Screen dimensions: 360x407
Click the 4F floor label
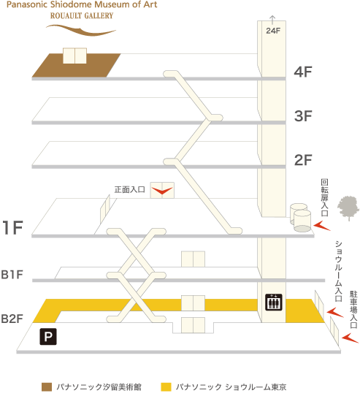click(x=303, y=72)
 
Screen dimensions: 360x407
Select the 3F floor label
click(x=303, y=115)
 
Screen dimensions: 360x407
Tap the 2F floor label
click(x=303, y=160)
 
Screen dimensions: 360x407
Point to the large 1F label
click(x=12, y=228)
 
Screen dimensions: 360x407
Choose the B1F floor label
click(x=12, y=275)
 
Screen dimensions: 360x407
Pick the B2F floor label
click(x=12, y=319)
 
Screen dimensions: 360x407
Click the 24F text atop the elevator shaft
click(x=273, y=31)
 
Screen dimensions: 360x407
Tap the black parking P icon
click(x=48, y=337)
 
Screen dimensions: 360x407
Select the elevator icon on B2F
click(x=274, y=302)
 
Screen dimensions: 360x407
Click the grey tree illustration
click(x=348, y=208)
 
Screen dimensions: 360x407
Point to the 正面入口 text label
click(x=130, y=190)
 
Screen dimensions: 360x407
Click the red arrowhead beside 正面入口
click(x=162, y=191)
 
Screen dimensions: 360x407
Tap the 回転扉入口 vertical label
click(x=325, y=197)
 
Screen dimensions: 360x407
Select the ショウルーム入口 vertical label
click(x=339, y=271)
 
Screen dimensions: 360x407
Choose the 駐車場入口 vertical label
click(x=353, y=309)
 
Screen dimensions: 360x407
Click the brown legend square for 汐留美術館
click(x=47, y=387)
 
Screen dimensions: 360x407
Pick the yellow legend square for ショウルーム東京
click(x=166, y=387)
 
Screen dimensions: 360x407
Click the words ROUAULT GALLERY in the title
click(x=82, y=16)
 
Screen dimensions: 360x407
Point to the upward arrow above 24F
click(x=272, y=20)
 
